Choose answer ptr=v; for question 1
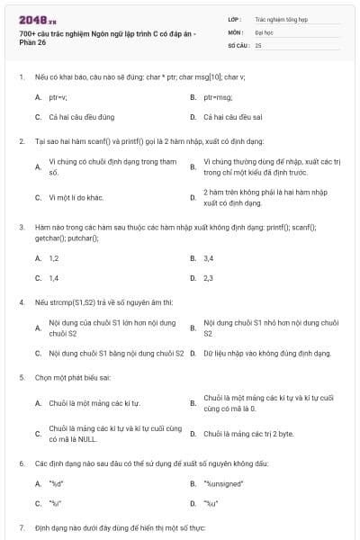59,95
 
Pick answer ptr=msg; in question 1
218,95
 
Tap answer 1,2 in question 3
54,258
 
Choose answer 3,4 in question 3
209,258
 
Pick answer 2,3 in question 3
209,279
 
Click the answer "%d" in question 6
56,483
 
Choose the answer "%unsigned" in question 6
225,483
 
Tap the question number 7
22,526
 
